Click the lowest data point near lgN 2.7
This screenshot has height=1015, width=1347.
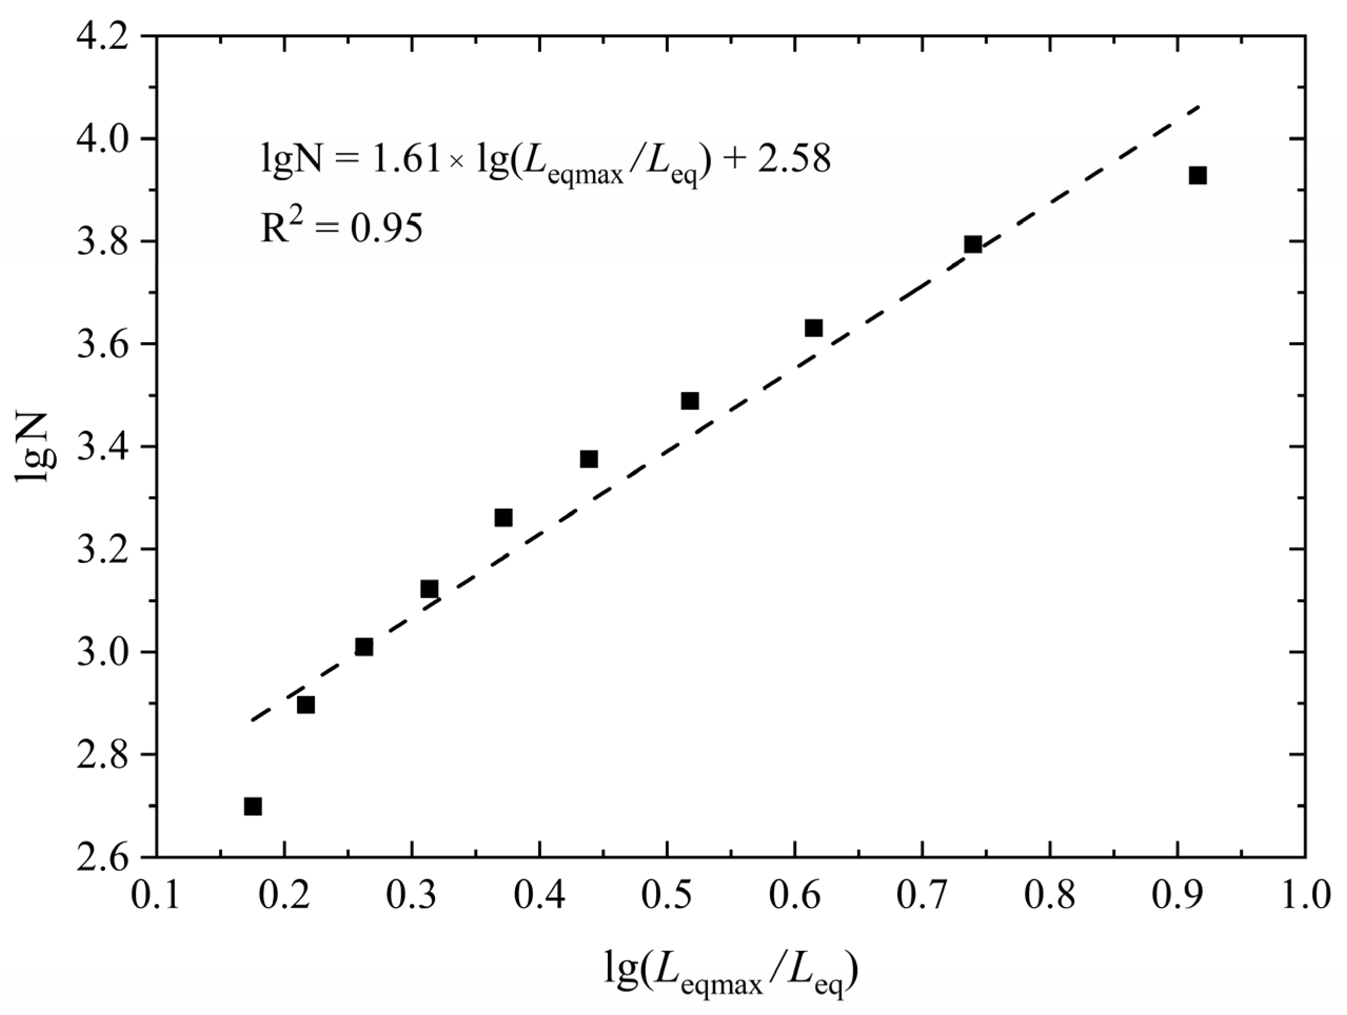(x=253, y=807)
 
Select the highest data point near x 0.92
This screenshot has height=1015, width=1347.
(x=1198, y=176)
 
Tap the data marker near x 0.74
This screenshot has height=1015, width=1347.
(x=973, y=245)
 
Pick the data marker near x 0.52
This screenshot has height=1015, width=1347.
(x=690, y=401)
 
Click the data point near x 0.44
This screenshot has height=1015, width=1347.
(x=589, y=459)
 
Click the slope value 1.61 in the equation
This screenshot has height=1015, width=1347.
(x=405, y=160)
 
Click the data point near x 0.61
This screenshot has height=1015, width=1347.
(x=814, y=328)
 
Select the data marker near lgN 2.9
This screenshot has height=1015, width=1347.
(x=306, y=705)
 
